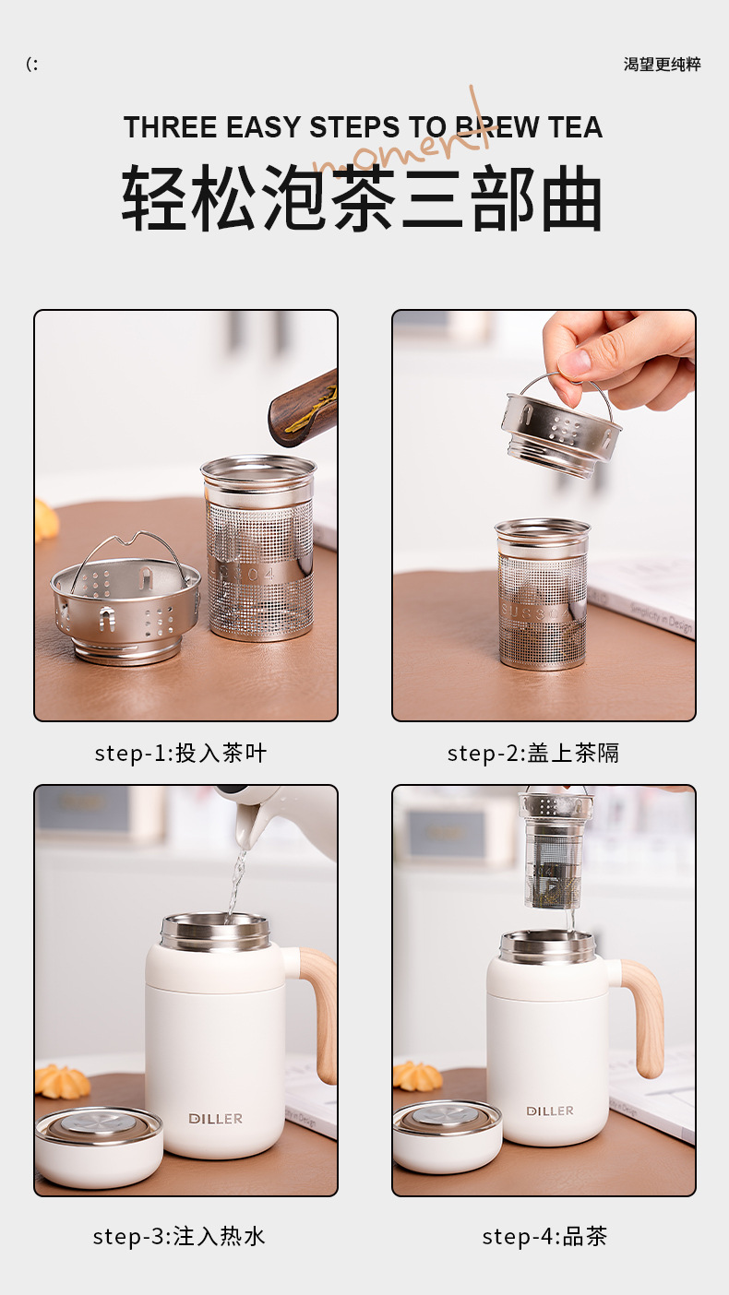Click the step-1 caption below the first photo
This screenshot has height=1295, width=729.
[x=181, y=754]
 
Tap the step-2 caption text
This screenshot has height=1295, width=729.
[x=532, y=754]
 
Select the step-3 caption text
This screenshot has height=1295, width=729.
[x=179, y=1237]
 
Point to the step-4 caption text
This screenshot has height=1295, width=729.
[x=544, y=1237]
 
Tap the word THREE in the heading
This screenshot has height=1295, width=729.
[x=171, y=127]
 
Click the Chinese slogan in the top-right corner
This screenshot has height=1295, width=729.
[x=662, y=64]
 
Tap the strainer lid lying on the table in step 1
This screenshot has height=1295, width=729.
[x=125, y=601]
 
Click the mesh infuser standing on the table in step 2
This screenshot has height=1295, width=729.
[x=542, y=594]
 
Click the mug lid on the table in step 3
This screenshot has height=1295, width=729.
[x=99, y=1147]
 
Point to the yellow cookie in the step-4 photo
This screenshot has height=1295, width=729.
[x=417, y=1076]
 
